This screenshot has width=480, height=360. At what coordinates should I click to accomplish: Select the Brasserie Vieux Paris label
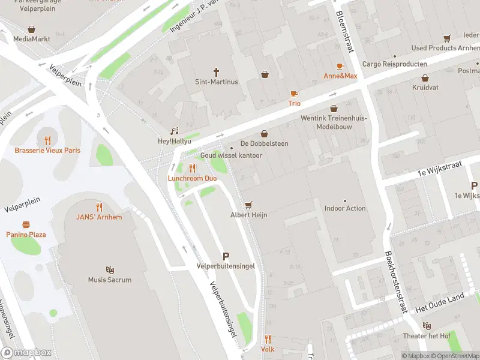(x=47, y=150)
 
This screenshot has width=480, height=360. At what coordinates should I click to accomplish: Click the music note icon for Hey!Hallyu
(x=175, y=131)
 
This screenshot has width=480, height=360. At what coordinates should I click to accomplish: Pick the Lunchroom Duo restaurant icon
(x=192, y=168)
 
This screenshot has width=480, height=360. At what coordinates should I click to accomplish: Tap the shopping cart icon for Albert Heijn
(x=248, y=205)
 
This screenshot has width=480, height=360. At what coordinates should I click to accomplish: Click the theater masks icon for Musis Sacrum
(x=110, y=270)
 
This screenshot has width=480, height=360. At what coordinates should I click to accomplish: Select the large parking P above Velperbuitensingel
(x=226, y=256)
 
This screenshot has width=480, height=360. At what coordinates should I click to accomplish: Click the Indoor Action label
(x=345, y=208)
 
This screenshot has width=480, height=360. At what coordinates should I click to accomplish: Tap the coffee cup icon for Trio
(x=294, y=94)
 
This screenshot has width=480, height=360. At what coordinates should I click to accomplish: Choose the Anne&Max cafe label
(x=340, y=76)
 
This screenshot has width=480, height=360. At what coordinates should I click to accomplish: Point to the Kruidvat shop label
(x=425, y=88)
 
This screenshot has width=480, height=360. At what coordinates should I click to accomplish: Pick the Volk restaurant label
(x=268, y=349)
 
